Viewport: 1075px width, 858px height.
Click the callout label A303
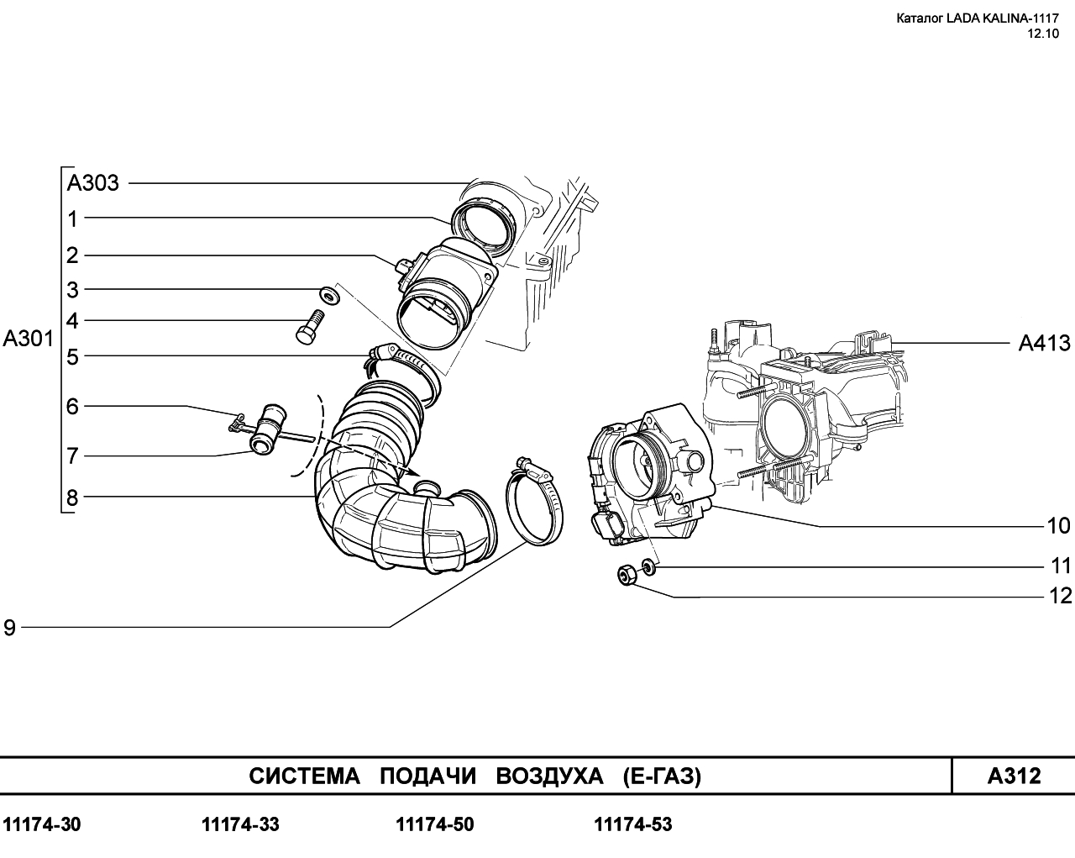[93, 183]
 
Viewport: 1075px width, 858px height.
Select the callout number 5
[72, 357]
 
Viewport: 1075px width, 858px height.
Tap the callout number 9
[9, 628]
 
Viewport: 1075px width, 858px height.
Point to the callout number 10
[1058, 526]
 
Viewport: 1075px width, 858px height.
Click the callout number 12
[1060, 596]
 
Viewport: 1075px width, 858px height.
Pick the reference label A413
[1045, 343]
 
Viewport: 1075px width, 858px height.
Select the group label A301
[28, 339]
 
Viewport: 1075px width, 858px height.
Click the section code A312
[1014, 776]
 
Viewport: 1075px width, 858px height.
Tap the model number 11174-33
[240, 824]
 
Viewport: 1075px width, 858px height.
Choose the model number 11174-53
[633, 824]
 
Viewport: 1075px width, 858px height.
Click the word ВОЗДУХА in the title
[549, 776]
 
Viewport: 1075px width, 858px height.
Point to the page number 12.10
[1042, 34]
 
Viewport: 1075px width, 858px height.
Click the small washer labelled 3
[330, 294]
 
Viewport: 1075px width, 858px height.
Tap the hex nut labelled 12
[627, 575]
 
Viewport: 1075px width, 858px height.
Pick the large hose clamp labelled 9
[534, 501]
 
